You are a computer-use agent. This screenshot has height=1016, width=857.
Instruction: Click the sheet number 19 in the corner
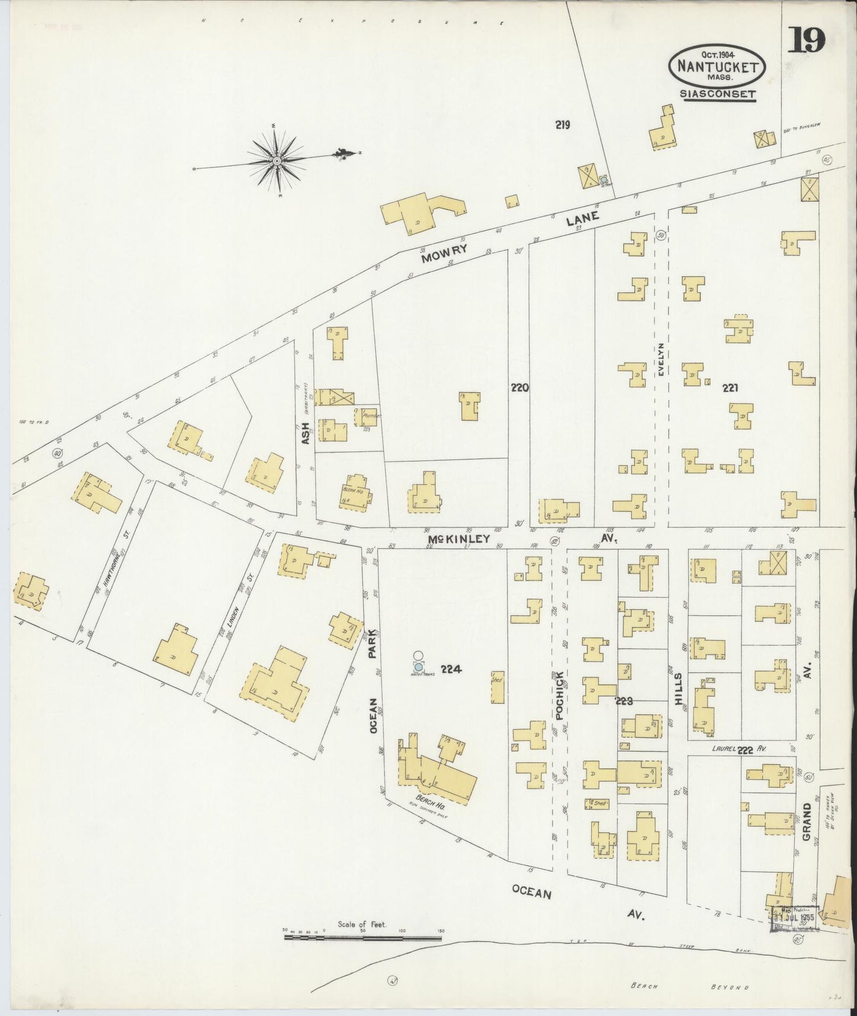(807, 41)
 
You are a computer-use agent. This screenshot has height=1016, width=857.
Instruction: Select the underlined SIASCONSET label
(718, 94)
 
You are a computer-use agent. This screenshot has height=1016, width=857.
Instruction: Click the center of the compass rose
(277, 160)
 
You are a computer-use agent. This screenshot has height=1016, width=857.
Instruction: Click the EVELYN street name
(661, 359)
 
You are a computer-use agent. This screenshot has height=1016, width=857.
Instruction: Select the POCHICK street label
(559, 695)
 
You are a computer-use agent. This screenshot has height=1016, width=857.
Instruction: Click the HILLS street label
(678, 689)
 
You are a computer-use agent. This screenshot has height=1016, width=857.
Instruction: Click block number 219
(562, 124)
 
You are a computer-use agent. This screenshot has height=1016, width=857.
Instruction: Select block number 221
(729, 388)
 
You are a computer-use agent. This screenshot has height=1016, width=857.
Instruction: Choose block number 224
(451, 669)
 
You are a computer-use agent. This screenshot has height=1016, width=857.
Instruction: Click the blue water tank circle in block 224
(419, 666)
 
